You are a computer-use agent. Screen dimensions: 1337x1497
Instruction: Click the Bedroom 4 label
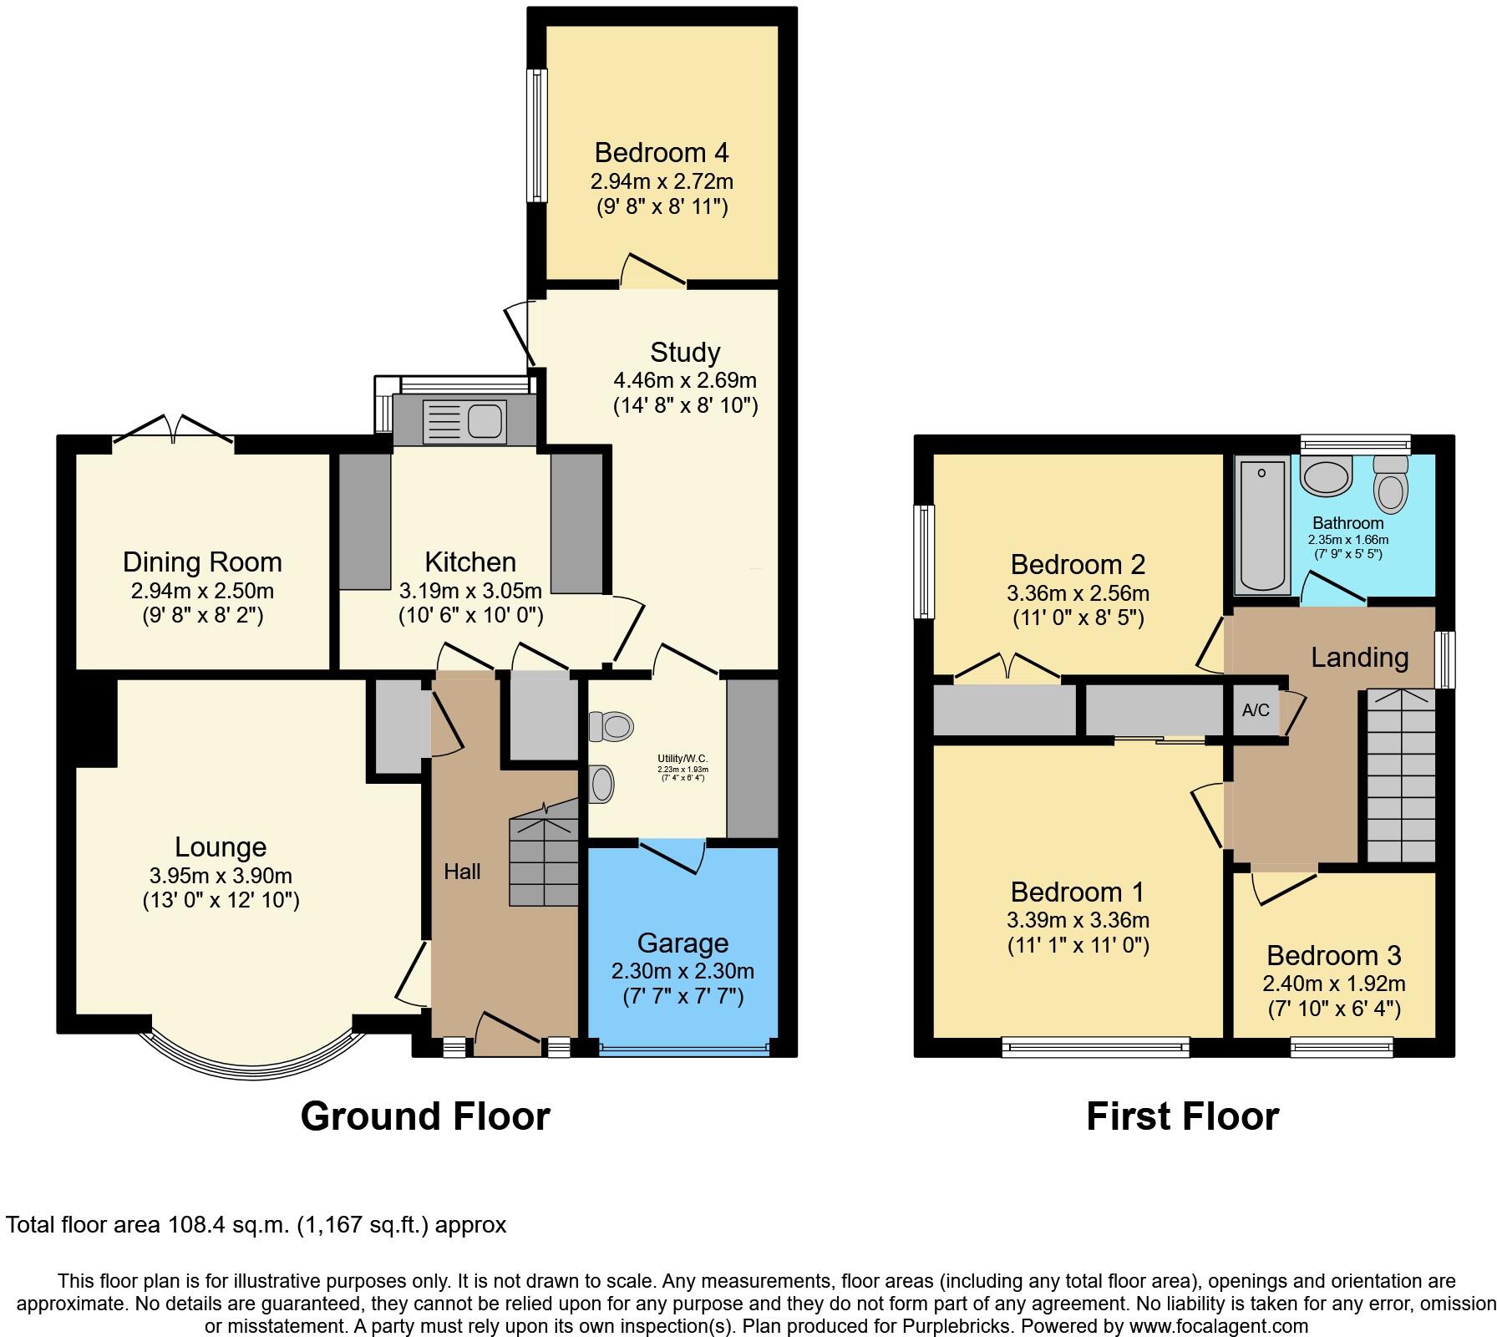click(661, 153)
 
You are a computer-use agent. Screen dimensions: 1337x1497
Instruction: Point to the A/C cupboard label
click(1256, 710)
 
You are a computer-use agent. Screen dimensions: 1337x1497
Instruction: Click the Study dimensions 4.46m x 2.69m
click(684, 381)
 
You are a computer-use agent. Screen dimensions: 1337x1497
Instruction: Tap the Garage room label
click(683, 943)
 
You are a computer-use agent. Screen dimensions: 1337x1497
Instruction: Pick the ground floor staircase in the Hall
click(544, 861)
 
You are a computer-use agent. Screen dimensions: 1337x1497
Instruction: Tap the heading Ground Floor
click(425, 1116)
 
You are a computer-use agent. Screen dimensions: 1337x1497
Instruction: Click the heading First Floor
click(1182, 1116)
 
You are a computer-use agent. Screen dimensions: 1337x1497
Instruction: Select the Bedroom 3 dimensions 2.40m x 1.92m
click(1333, 984)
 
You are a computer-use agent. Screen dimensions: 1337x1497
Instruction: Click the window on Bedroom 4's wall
click(537, 135)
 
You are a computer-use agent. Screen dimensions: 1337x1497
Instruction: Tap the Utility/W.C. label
click(683, 759)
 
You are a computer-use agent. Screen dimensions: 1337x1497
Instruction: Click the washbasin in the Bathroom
click(1325, 477)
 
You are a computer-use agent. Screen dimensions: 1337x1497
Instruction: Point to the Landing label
click(1359, 658)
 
